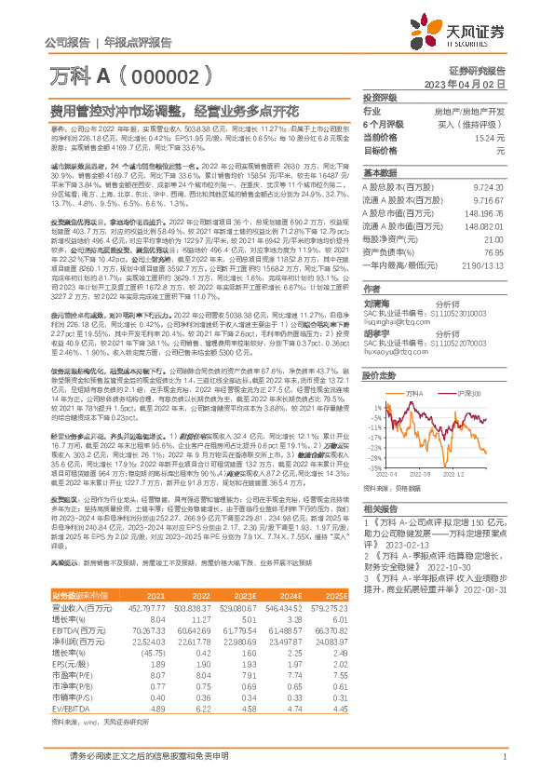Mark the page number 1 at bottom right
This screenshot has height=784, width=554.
(x=503, y=758)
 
